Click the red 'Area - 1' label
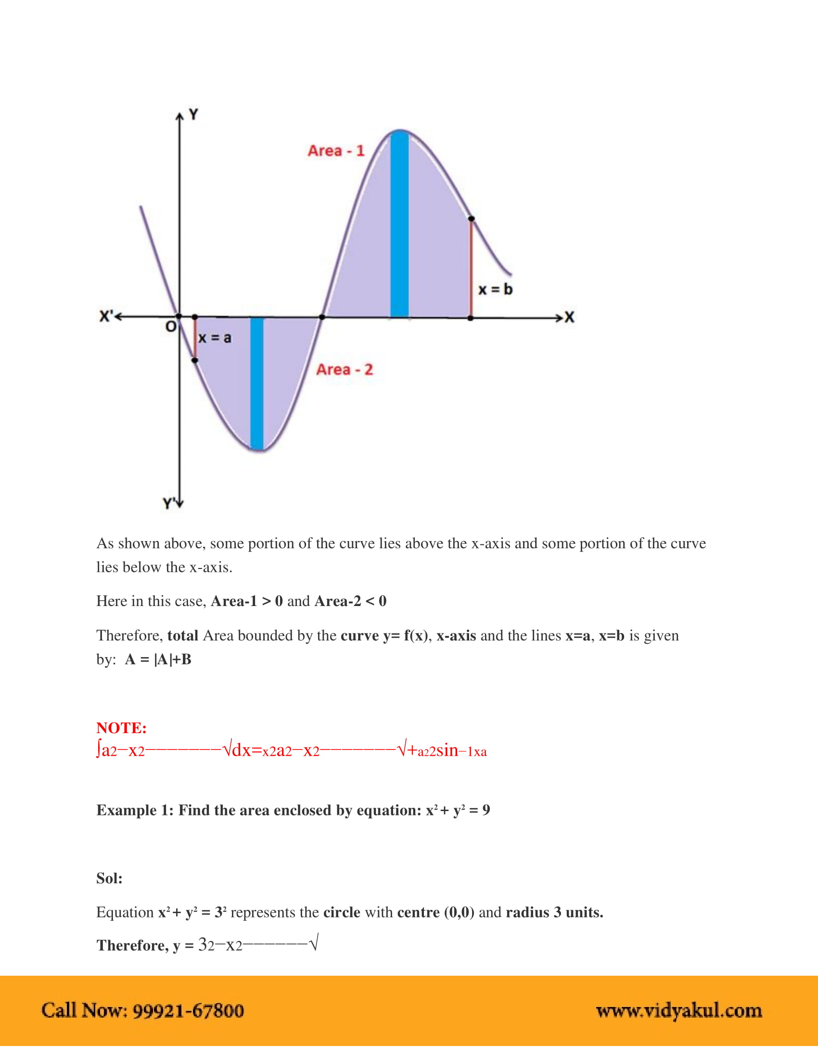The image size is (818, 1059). (336, 151)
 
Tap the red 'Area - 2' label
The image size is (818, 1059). (345, 370)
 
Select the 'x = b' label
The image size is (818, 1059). (495, 289)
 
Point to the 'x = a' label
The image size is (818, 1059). (215, 337)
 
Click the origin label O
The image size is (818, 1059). (171, 327)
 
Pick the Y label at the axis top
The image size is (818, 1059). (193, 115)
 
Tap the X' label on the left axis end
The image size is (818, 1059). (105, 317)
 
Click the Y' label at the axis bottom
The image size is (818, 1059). (169, 504)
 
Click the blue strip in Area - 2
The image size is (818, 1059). (257, 383)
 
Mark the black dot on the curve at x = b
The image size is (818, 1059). (471, 219)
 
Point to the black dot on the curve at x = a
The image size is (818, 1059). (195, 360)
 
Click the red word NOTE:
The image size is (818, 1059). (121, 728)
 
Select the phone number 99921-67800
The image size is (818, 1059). (188, 1010)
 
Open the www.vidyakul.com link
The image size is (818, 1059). (679, 1010)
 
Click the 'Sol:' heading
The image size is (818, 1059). (110, 878)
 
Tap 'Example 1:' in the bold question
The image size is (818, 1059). (135, 810)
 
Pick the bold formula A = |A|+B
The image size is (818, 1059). (158, 659)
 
